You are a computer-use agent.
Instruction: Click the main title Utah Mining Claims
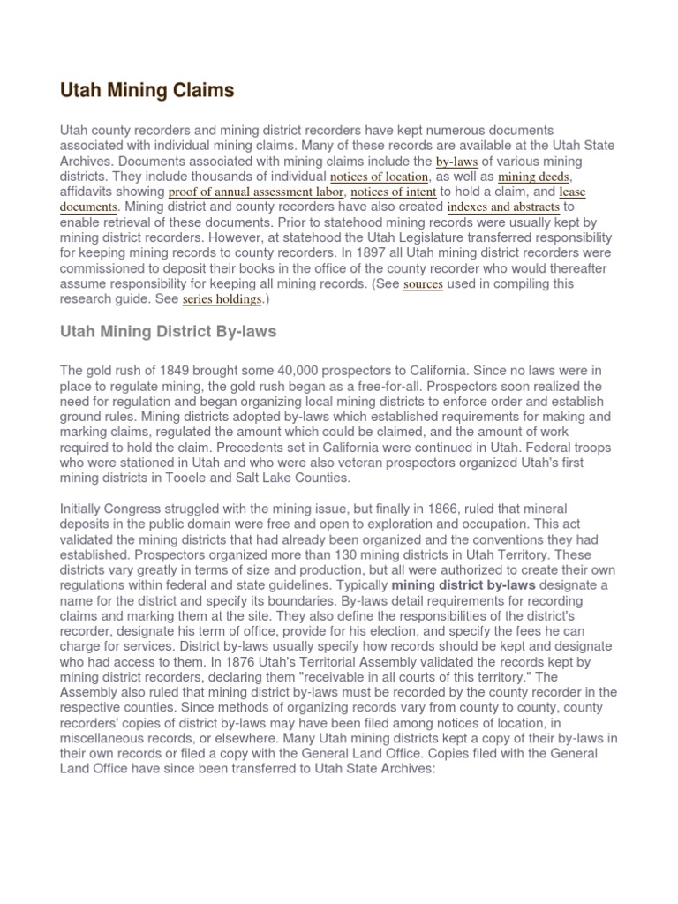(147, 90)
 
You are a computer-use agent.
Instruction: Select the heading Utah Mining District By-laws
(169, 333)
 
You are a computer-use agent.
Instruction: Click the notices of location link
(379, 177)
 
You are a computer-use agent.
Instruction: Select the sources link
(423, 284)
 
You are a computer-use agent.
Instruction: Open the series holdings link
(222, 299)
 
